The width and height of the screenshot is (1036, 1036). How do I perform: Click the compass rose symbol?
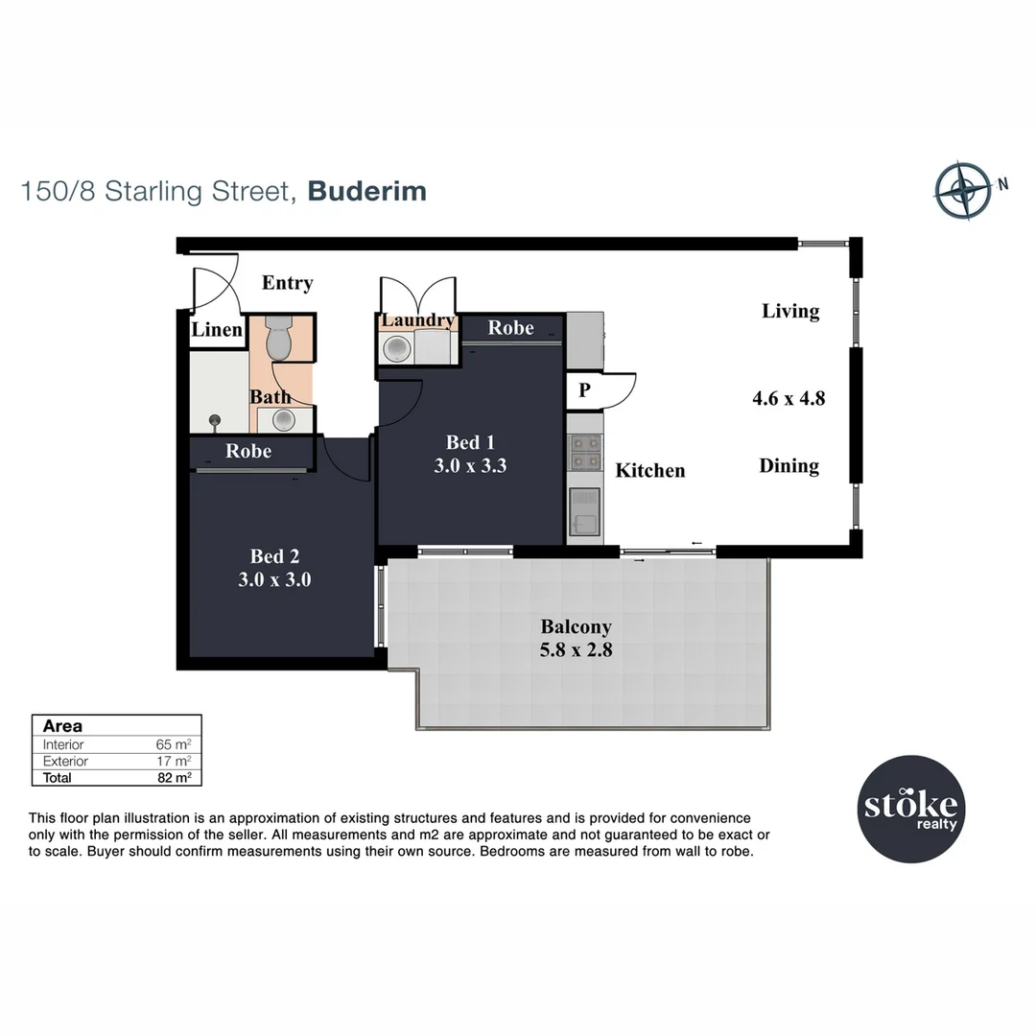click(x=962, y=190)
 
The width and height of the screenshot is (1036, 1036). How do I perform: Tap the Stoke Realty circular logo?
click(x=910, y=811)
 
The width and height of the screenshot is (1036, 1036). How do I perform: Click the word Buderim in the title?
click(x=367, y=191)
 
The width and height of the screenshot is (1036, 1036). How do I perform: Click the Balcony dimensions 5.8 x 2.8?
click(x=576, y=649)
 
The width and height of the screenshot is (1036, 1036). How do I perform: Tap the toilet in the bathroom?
click(x=278, y=338)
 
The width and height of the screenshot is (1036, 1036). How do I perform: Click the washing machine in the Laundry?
click(x=396, y=349)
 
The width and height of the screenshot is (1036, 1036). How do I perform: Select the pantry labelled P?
click(x=584, y=390)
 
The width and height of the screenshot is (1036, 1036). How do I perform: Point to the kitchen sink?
click(x=584, y=511)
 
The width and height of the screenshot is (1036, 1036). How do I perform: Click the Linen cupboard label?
click(x=217, y=330)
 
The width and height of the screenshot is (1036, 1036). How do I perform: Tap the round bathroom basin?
click(x=283, y=419)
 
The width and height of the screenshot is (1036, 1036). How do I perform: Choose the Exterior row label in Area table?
click(x=65, y=762)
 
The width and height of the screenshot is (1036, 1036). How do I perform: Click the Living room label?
click(x=790, y=311)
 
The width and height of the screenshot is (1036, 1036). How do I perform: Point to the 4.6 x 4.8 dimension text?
click(x=789, y=397)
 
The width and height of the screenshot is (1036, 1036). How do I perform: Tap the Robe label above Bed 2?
click(x=248, y=451)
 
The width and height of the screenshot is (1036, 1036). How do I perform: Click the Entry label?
click(x=287, y=283)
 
